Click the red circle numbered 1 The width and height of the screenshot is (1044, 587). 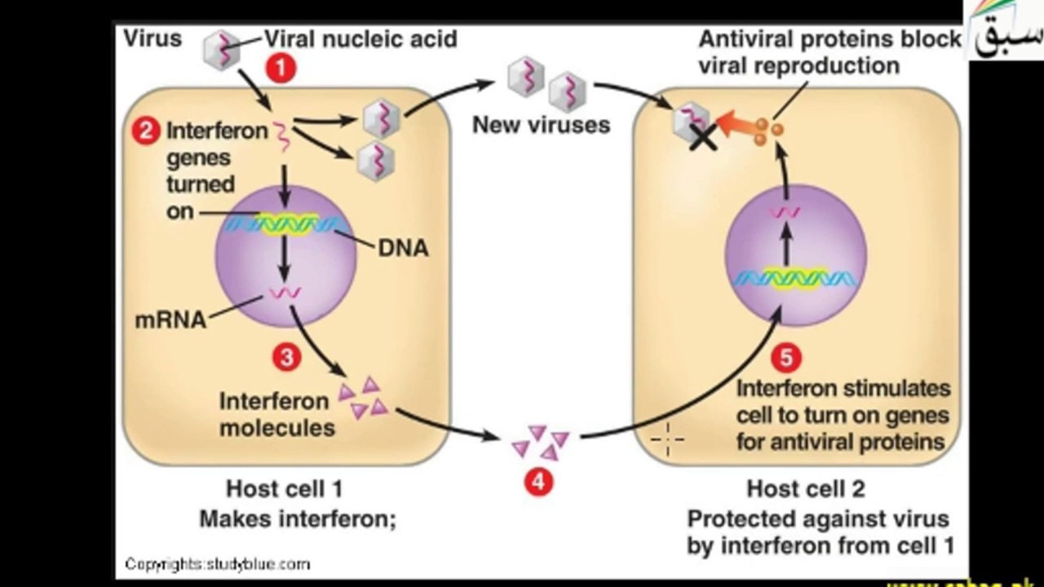point(281,69)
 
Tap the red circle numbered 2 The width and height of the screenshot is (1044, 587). point(146,130)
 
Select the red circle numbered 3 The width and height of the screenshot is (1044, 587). point(286,356)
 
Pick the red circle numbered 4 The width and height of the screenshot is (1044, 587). point(537,482)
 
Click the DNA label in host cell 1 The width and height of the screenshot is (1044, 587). point(403,249)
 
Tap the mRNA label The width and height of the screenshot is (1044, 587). point(170,320)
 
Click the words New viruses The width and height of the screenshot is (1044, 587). point(541,126)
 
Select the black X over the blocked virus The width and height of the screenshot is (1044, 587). point(703,137)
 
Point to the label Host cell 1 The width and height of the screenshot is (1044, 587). point(284,489)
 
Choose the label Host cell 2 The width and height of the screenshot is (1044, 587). point(806,489)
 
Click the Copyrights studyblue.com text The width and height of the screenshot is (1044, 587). point(217,563)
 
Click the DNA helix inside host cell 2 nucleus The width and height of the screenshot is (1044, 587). point(794,279)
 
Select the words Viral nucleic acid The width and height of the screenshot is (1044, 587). point(361,39)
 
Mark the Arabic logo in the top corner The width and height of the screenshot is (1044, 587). point(1006,31)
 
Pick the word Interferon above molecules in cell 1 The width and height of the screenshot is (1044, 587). point(263,401)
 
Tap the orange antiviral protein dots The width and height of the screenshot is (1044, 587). point(768,131)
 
